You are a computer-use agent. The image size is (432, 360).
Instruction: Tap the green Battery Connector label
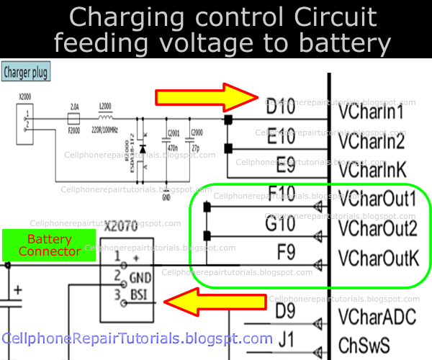click(50, 245)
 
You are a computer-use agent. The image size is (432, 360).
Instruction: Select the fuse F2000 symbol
click(73, 119)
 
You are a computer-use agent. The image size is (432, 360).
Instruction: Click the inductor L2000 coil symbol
click(105, 117)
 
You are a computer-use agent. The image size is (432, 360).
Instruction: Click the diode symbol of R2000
click(143, 149)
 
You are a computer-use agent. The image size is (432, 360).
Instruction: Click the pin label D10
click(280, 110)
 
